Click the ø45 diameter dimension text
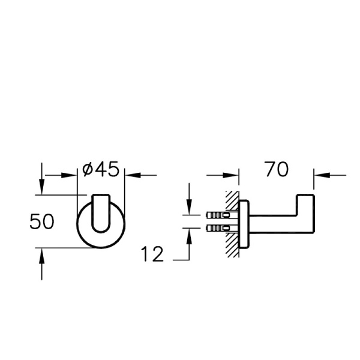100,170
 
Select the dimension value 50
42,221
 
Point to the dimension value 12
153,254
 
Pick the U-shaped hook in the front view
101,213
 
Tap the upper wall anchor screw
217,214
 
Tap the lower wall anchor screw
217,228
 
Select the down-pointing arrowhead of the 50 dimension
41,188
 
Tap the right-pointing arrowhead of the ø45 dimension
73,175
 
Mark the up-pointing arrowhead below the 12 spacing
189,235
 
